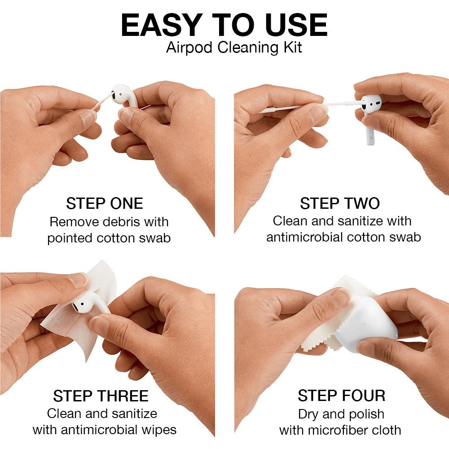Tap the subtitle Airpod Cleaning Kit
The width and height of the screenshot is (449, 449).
pyautogui.click(x=234, y=47)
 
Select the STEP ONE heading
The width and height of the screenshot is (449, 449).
pyautogui.click(x=104, y=203)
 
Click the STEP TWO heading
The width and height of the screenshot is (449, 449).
pyautogui.click(x=339, y=203)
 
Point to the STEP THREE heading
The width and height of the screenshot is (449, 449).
pyautogui.click(x=101, y=396)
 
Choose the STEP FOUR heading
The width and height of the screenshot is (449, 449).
pyautogui.click(x=341, y=396)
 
